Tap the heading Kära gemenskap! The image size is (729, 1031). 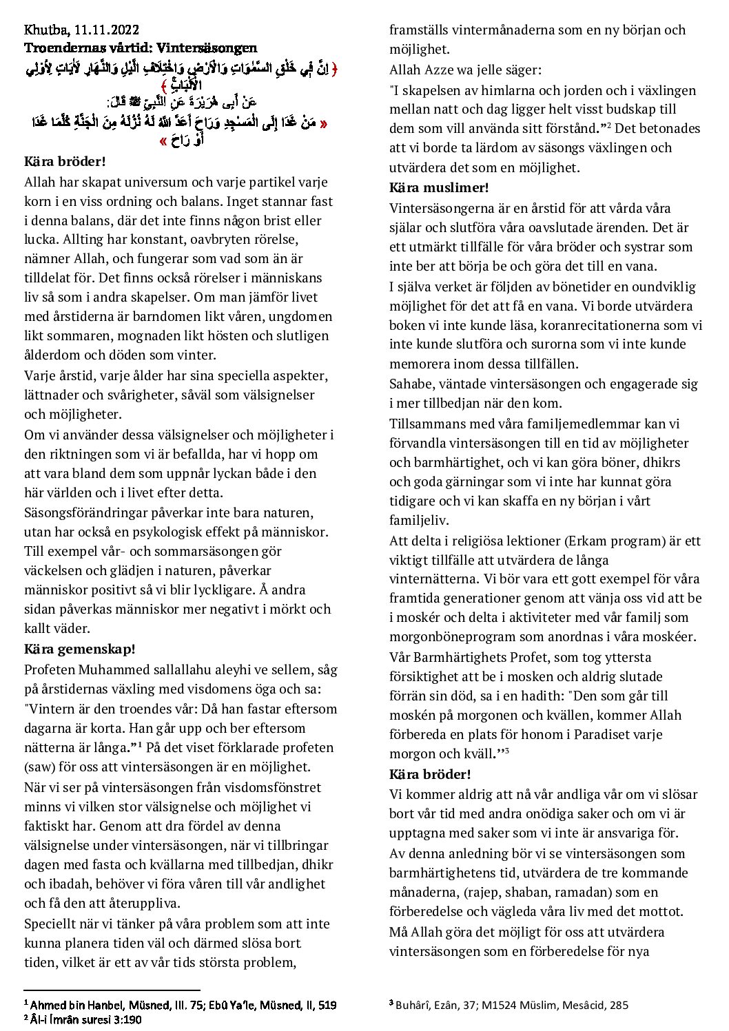pos(80,649)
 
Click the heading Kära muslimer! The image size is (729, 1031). pos(439,187)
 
